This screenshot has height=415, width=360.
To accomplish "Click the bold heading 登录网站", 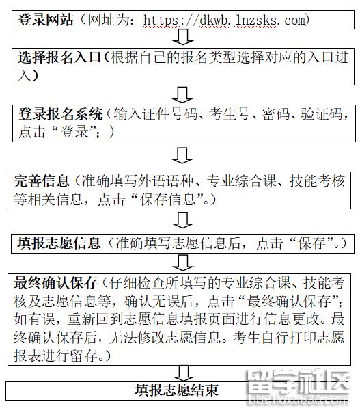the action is pyautogui.click(x=46, y=20).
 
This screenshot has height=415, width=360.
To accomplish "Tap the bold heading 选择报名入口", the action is pyautogui.click(x=59, y=57).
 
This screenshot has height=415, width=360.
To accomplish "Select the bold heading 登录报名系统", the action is pyautogui.click(x=60, y=114).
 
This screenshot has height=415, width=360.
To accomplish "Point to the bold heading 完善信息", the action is pyautogui.click(x=42, y=181).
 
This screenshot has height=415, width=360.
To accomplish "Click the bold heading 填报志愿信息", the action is pyautogui.click(x=59, y=243).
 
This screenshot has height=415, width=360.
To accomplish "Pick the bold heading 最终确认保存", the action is pyautogui.click(x=55, y=282).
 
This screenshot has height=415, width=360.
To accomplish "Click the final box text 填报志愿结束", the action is pyautogui.click(x=176, y=390).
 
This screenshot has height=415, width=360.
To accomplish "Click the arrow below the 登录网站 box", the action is pyautogui.click(x=183, y=37).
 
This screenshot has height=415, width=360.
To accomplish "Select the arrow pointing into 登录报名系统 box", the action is pyautogui.click(x=182, y=95).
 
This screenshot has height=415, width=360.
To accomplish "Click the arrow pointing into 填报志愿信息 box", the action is pyautogui.click(x=183, y=220).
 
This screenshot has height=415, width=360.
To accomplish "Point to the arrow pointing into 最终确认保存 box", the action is pyautogui.click(x=183, y=263).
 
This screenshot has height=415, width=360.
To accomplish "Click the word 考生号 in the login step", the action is pyautogui.click(x=229, y=114).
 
